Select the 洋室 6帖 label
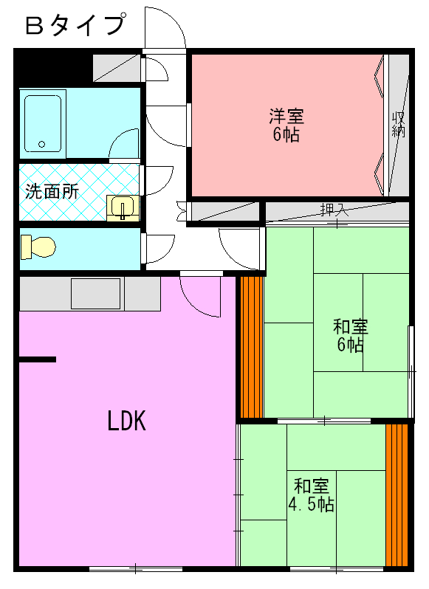[285, 125]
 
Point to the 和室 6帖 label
[350, 335]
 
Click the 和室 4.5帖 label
[311, 495]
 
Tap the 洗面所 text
[52, 191]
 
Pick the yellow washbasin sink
[122, 207]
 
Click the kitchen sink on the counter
[95, 293]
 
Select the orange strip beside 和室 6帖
[252, 347]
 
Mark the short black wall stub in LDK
[37, 359]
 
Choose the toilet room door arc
[158, 244]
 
